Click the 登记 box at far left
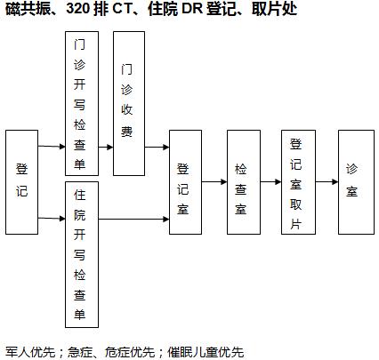coord(22,182)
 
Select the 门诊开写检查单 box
coord(82,103)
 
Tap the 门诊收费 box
coord(129,103)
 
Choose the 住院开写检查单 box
coord(82,254)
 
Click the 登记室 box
coord(185,182)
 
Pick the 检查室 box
coord(244,182)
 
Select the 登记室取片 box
coord(298,182)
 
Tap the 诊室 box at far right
coord(356,182)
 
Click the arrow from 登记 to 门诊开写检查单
coord(52,146)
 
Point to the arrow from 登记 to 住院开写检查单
coord(52,219)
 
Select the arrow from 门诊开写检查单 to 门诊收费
coord(106,147)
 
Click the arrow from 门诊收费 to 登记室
coord(157,147)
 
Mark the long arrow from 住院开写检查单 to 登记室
coord(134,220)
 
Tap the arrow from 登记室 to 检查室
coord(214,182)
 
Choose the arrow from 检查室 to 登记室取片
coord(271,182)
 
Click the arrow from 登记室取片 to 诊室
coord(327,182)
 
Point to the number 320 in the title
coord(78,9)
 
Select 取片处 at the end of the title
coord(275,9)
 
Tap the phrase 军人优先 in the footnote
coord(30,352)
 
